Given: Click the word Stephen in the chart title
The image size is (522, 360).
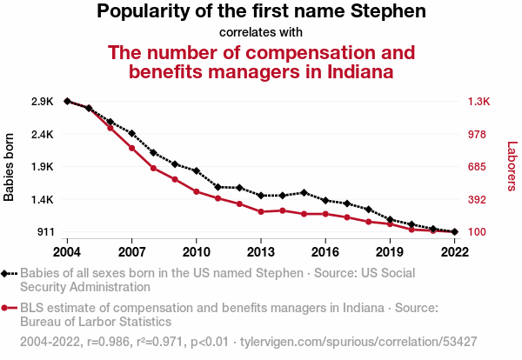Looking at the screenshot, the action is pos(388,11).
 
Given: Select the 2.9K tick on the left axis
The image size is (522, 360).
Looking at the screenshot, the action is pos(43,101).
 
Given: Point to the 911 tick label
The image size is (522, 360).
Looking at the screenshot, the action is pos(45,231).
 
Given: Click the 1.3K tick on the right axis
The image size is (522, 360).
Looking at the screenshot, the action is pos(478,101).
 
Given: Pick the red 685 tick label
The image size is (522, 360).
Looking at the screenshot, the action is pos(477,166).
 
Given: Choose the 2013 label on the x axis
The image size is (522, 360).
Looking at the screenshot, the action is pos(261,252).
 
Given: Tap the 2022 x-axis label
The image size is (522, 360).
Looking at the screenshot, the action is pos(455,252).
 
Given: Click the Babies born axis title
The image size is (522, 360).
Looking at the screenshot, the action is pos(9,167).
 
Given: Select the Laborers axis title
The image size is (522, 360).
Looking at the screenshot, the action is pos(512,166).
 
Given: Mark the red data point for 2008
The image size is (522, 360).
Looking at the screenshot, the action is pos(153,168).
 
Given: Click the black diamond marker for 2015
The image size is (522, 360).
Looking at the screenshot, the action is pos(304,193).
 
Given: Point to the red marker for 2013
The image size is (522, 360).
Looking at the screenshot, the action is pos(261,211).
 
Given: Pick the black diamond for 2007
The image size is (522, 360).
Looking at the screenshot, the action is pos(132,133).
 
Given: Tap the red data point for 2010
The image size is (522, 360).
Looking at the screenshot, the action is pos(197,191).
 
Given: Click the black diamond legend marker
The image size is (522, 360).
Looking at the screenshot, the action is pos(4,274).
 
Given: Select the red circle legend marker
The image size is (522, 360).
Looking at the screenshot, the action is pos(4,308).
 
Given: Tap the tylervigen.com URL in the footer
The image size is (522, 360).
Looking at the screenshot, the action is pos(358,342).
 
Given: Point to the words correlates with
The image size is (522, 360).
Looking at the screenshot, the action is pos(261,32).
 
